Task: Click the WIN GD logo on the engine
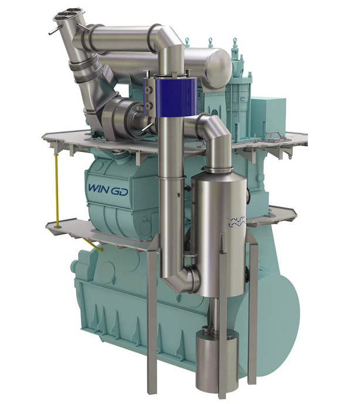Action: (x=108, y=190)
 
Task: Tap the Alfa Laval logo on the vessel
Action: (x=236, y=222)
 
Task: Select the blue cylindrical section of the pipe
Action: (x=171, y=97)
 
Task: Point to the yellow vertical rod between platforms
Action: (x=56, y=189)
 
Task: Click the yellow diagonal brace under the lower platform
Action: (x=93, y=244)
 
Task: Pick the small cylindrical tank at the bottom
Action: (x=216, y=361)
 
